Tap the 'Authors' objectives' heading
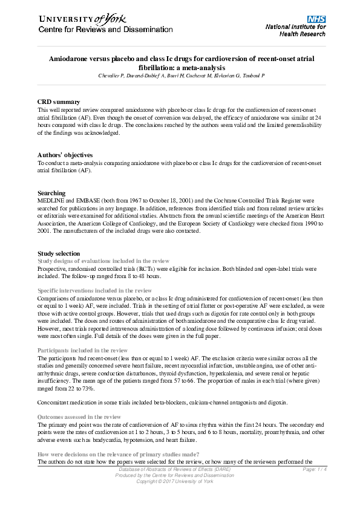point(65,155)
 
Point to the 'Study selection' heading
point(58,253)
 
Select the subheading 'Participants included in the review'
point(82,351)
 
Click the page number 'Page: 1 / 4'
point(314,469)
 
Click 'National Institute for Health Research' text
point(295,30)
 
